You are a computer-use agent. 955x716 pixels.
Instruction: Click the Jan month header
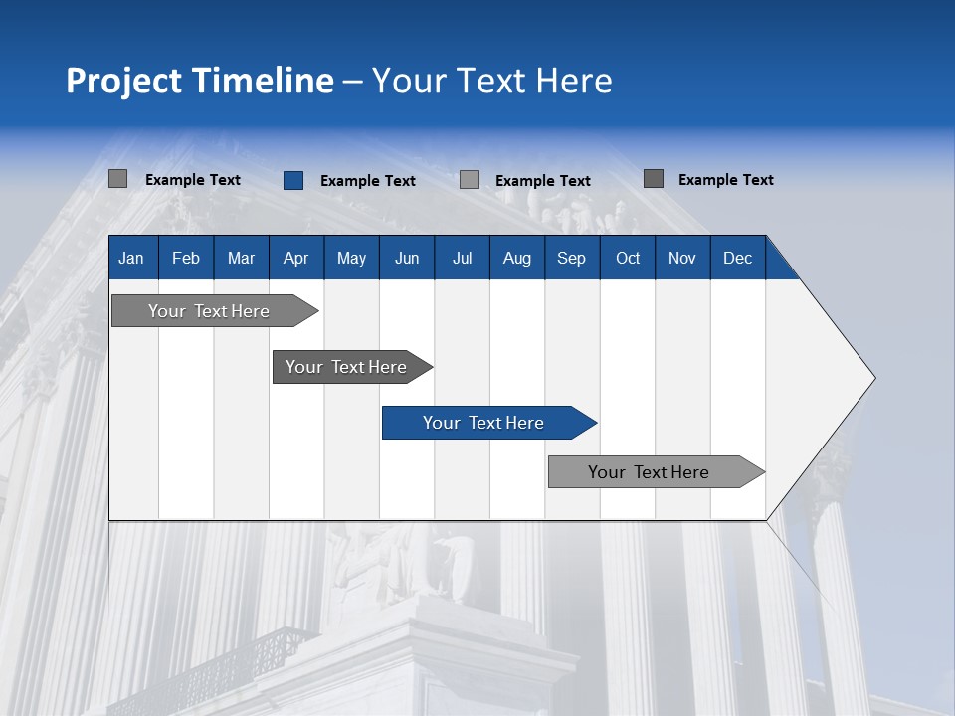[132, 258]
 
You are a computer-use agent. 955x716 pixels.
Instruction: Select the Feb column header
[186, 258]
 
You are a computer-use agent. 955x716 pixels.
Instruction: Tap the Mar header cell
[241, 258]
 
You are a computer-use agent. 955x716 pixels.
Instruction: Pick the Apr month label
[296, 258]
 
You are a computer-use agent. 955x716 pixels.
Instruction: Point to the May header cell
[351, 258]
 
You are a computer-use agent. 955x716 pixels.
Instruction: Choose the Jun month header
[407, 258]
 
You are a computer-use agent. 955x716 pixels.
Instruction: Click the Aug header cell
[517, 258]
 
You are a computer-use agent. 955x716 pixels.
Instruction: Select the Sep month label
[572, 258]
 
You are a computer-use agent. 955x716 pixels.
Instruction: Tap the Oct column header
[628, 258]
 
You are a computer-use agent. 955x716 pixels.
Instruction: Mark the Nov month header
[682, 258]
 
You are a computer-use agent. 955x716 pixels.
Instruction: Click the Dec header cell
[738, 258]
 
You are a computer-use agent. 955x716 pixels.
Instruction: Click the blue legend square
[293, 180]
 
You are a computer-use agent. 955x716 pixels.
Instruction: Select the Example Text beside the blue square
[368, 181]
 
